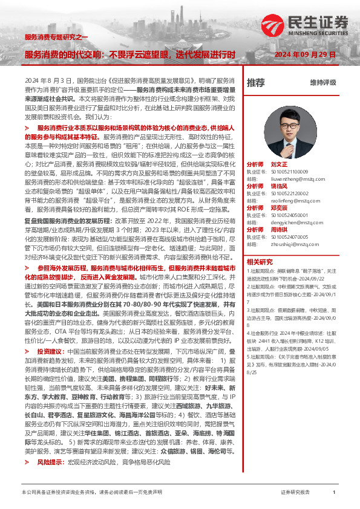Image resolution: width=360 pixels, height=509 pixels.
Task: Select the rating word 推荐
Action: [255, 82]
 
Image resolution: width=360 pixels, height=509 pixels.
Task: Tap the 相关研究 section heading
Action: [260, 262]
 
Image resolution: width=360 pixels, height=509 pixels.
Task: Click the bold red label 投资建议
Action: [49, 351]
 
